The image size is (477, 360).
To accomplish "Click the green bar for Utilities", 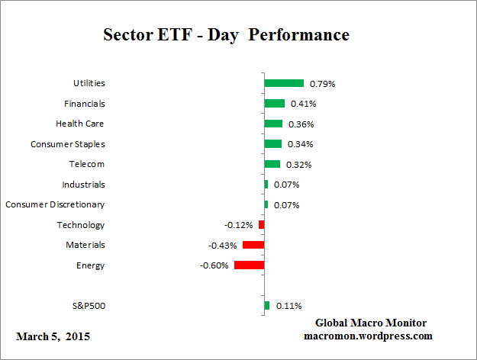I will pos(284,83).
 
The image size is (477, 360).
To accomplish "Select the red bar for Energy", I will pos(249,265).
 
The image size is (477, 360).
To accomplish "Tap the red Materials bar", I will pos(253,245).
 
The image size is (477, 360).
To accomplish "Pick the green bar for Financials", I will pos(274,104).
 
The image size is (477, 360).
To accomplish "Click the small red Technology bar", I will pos(261,225).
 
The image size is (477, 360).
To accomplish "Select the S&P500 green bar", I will pos(266,306).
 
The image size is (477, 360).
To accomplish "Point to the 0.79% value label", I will pos(321,83).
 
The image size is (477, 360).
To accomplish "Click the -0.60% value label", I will pos(214,265).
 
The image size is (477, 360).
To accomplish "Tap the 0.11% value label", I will pos(287,306).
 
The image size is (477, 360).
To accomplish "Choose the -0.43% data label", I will pos(223,245).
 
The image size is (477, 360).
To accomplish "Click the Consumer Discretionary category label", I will pos(55,204).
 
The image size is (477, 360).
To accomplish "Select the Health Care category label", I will pos(80,124).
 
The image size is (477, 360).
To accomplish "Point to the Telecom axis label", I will pos(87,164).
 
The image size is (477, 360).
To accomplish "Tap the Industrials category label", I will pos(83,185).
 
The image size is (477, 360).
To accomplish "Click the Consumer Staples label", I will pos(68,144).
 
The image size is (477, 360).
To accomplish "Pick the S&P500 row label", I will pos(87,306).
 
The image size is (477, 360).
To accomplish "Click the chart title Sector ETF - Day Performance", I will pos(226,35).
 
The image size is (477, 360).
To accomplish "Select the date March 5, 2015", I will pos(53,336).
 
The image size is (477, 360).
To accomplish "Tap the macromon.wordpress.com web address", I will pos(368,336).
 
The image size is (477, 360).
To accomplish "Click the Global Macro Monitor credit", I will pos(370,323).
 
